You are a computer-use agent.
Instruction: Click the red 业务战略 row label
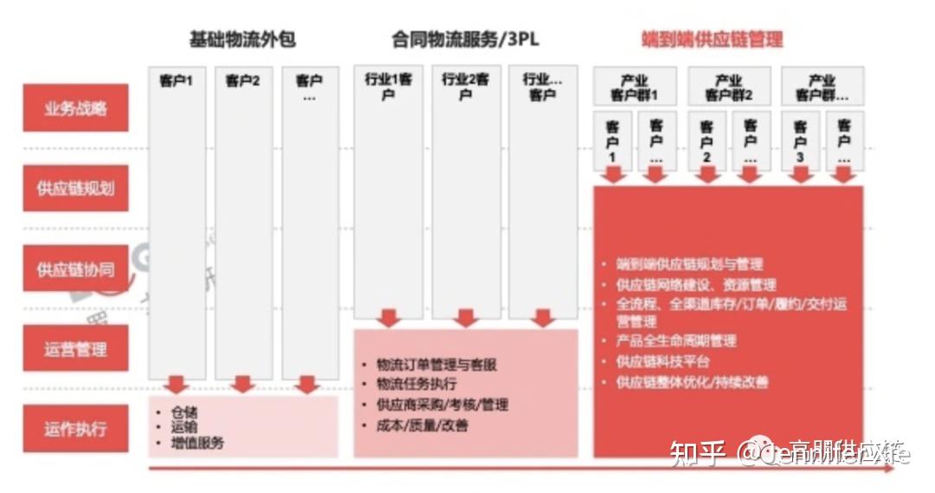75,108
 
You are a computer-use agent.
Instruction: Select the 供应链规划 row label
75,188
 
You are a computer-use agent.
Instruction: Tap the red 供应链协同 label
75,269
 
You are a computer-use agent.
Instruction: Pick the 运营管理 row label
75,349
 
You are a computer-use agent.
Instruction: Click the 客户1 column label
177,81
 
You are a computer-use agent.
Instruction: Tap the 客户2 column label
243,81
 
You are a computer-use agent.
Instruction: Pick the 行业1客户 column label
388,86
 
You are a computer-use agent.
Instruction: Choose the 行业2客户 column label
466,86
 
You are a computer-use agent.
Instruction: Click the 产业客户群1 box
635,87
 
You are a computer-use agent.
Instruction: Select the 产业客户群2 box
728,87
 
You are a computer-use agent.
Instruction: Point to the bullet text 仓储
184,412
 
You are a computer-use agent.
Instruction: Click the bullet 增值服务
197,443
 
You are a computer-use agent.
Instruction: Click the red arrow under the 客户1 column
177,384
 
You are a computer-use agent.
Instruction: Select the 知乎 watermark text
698,453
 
